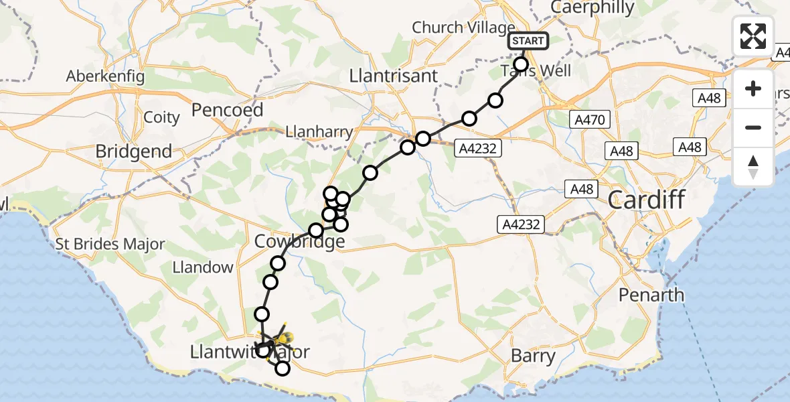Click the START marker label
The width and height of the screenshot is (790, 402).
pos(528,41)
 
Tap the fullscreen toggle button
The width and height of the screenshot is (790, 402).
pos(753,36)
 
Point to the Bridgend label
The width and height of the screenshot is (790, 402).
pos(133,151)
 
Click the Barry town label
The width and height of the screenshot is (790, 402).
pos(533,356)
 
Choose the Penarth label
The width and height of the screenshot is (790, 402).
pos(651,295)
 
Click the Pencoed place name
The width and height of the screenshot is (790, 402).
pos(228,109)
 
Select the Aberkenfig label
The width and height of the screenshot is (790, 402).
pos(105,76)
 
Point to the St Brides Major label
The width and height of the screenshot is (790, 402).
pos(110,244)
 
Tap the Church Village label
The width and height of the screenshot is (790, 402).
pos(455,27)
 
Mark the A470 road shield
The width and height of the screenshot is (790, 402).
pos(589,120)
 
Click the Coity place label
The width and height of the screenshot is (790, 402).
pos(162,117)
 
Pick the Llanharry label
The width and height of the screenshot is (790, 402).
pos(318,132)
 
